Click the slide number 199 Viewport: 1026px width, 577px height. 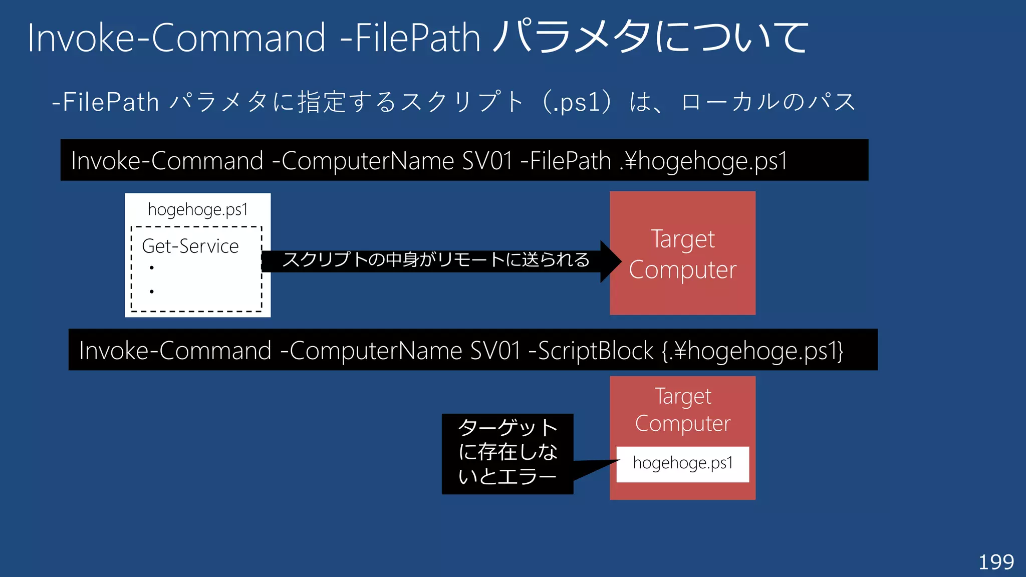coord(996,562)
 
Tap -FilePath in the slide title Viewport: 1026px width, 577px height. coord(410,38)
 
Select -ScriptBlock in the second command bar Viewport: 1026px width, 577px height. coord(591,351)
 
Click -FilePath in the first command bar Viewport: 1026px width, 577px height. coord(566,161)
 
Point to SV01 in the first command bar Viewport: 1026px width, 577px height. coord(487,161)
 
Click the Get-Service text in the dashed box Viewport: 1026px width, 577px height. coord(190,246)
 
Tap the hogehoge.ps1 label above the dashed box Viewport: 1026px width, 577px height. coord(198,209)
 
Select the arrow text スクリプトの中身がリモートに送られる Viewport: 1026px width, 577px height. coord(435,260)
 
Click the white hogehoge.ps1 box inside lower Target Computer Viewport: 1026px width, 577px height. coord(682,464)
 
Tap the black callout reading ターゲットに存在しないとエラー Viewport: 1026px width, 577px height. coord(507,453)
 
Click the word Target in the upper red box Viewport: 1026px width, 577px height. coord(682,239)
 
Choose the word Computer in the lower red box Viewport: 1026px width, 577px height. coord(682,424)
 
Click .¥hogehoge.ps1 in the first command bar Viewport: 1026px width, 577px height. coord(703,161)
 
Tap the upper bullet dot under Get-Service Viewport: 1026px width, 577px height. coord(151,268)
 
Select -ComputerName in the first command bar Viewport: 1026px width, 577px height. coord(363,161)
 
